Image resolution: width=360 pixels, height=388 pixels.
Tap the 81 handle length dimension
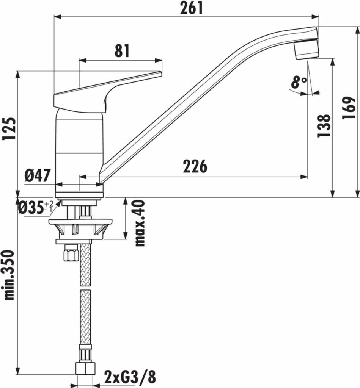click(x=122, y=51)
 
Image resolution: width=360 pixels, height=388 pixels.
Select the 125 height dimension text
click(x=9, y=129)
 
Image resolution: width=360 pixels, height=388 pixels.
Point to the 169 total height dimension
click(x=349, y=108)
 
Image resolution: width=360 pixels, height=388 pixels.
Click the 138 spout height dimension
click(x=324, y=125)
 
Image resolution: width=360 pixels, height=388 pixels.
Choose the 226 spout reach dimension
click(x=195, y=166)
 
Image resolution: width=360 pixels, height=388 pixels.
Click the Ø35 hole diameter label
click(x=36, y=207)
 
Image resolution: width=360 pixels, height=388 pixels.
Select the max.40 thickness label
click(x=140, y=223)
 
